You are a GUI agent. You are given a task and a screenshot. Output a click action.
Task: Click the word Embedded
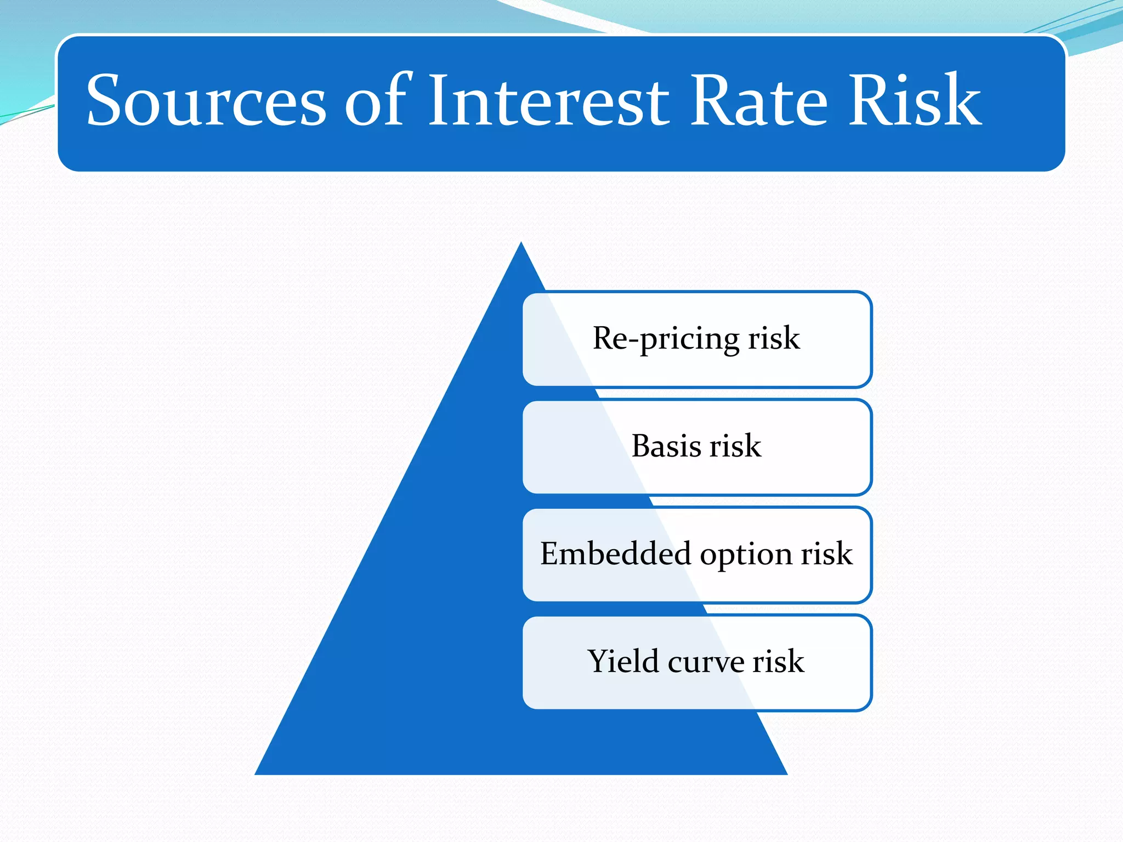click(x=615, y=554)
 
